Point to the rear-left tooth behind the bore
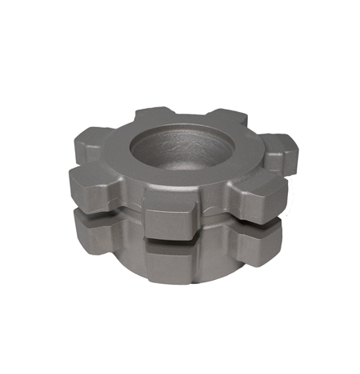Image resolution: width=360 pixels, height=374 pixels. tap(151, 114)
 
